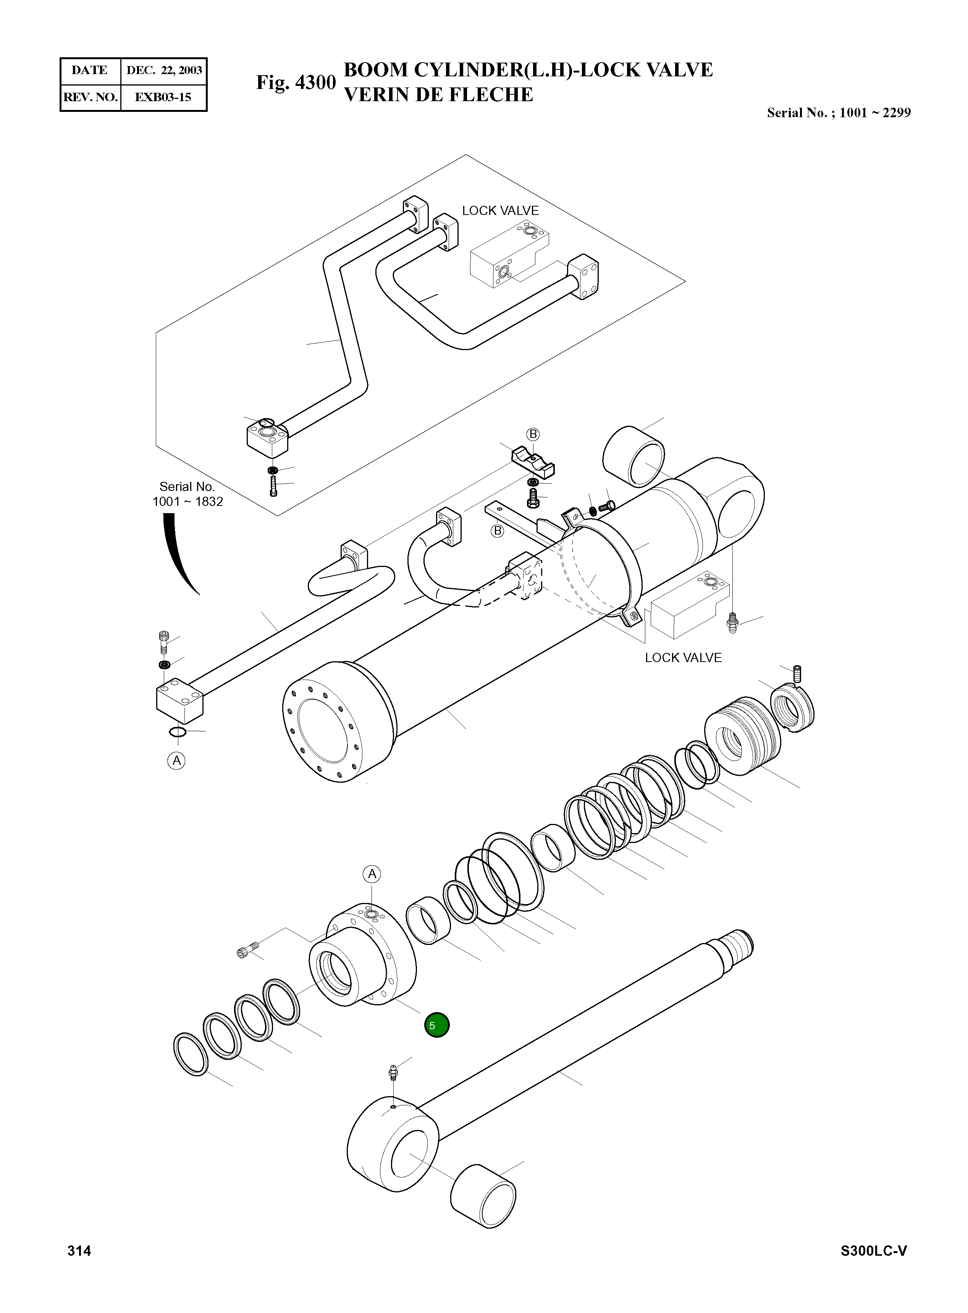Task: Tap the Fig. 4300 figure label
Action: [296, 82]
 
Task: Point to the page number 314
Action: [79, 1251]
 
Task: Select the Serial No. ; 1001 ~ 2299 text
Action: [839, 113]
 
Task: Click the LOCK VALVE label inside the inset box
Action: [500, 211]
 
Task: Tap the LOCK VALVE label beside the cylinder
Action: [683, 658]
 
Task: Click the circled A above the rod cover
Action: [372, 875]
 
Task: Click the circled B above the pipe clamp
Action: [533, 434]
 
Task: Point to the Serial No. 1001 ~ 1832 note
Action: [187, 494]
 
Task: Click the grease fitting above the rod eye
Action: [394, 1073]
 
